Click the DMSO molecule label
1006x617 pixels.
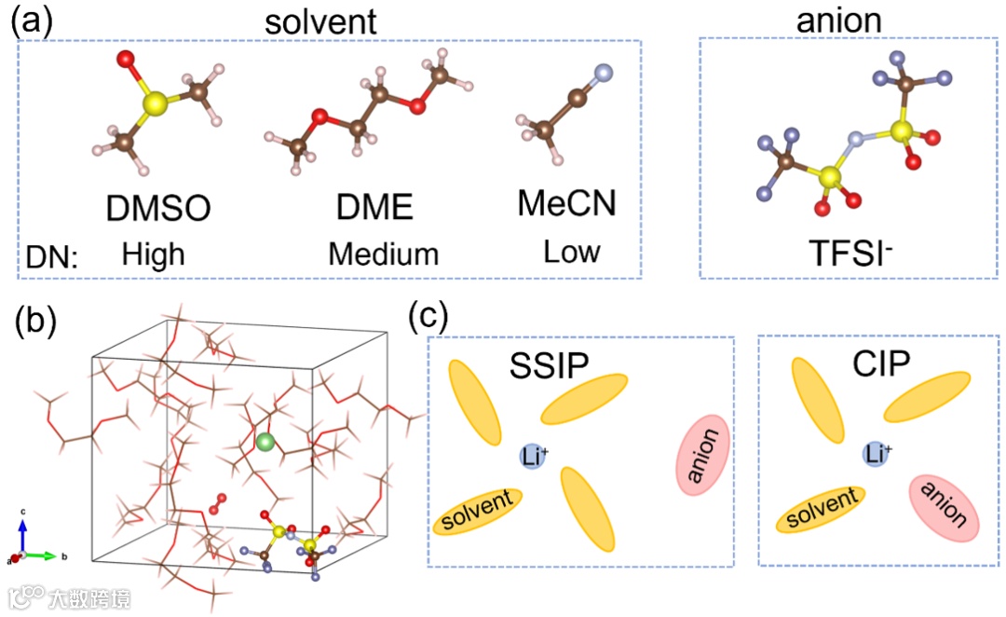click(x=158, y=210)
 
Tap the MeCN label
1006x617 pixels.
click(x=566, y=202)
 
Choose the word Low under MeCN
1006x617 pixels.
click(x=572, y=252)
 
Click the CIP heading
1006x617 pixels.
click(x=881, y=363)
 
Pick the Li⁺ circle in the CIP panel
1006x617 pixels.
click(x=877, y=454)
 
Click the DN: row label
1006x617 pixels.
click(x=52, y=255)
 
